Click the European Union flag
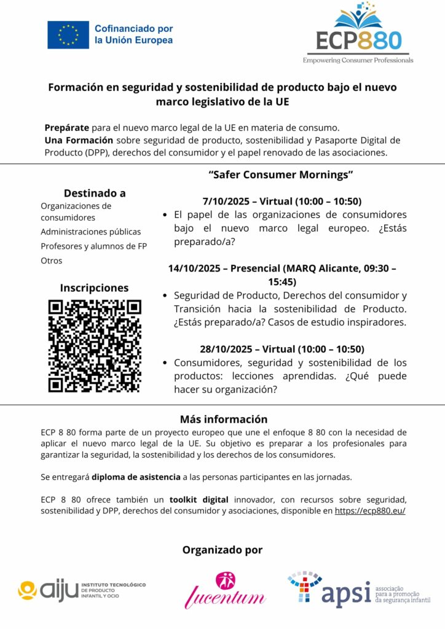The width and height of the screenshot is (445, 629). pyautogui.click(x=68, y=35)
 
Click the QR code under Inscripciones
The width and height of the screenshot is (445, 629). pyautogui.click(x=95, y=346)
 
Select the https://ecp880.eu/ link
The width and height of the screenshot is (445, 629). pyautogui.click(x=370, y=510)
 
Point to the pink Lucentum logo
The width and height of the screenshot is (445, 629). pyautogui.click(x=225, y=590)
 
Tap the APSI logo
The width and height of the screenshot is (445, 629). pyautogui.click(x=358, y=590)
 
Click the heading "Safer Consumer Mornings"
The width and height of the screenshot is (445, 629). pyautogui.click(x=281, y=174)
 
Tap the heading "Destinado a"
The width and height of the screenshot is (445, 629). pyautogui.click(x=95, y=193)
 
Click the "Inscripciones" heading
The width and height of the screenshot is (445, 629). pyautogui.click(x=94, y=287)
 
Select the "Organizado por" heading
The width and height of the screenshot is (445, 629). pyautogui.click(x=222, y=550)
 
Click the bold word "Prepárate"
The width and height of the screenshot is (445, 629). pyautogui.click(x=66, y=128)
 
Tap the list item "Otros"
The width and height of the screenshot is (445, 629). pyautogui.click(x=52, y=260)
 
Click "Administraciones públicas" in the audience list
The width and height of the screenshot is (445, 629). pyautogui.click(x=91, y=232)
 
